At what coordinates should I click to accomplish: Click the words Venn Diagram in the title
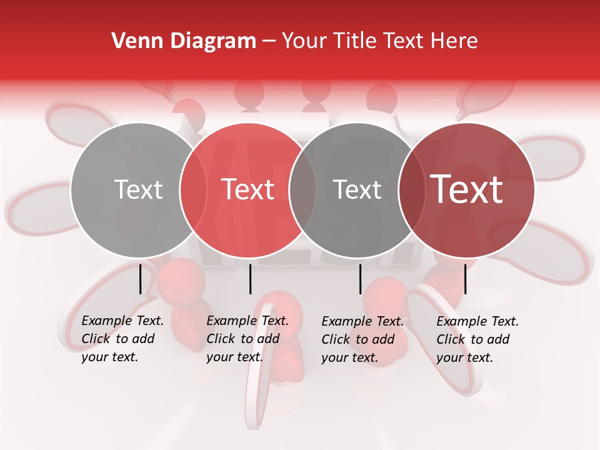point(184,41)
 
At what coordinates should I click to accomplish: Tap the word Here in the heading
point(452,41)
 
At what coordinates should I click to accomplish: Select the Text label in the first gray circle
point(138,190)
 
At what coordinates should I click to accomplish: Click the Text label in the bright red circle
point(248,190)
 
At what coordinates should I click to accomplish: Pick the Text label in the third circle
point(357,190)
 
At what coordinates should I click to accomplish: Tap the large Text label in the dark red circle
point(467,190)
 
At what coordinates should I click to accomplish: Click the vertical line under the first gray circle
point(141,279)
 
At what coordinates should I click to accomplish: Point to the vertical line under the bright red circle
point(250,279)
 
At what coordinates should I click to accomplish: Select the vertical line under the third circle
point(361,279)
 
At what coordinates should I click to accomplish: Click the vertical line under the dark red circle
point(465,279)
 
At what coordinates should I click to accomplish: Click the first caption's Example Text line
point(122,321)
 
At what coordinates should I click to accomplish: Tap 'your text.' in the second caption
point(234,357)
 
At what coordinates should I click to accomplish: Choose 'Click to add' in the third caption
point(358,339)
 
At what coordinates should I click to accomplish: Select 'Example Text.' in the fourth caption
point(477,322)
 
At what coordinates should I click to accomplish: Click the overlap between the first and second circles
point(194,190)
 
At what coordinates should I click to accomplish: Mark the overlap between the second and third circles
point(302,190)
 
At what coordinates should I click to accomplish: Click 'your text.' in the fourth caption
point(464,357)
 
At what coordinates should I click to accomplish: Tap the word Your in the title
point(304,41)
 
